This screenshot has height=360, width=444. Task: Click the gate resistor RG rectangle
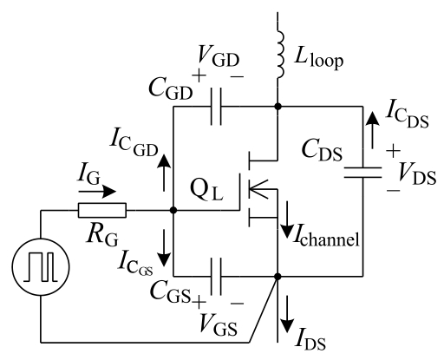(x=102, y=210)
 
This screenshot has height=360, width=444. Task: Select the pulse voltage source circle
(x=41, y=239)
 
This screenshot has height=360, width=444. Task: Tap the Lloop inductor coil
(x=280, y=54)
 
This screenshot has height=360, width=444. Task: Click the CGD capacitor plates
(x=216, y=107)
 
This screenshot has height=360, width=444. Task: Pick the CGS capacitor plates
(x=216, y=277)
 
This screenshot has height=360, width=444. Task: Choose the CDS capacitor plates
(x=362, y=173)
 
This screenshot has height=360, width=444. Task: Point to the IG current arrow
(x=97, y=192)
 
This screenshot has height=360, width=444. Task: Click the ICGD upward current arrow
(x=164, y=173)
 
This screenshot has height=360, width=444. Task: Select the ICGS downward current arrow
(x=164, y=248)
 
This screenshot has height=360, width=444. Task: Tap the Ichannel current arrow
(x=288, y=219)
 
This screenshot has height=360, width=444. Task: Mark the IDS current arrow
(x=288, y=314)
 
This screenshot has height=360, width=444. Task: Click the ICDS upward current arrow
(x=372, y=130)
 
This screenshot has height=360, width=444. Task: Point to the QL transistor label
(x=206, y=190)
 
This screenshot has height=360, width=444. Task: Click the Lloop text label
(x=319, y=59)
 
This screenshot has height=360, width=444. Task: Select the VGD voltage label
(x=218, y=56)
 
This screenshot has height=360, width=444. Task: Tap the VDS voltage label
(x=416, y=174)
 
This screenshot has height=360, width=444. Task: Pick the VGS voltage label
(x=219, y=325)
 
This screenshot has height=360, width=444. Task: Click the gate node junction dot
(x=173, y=210)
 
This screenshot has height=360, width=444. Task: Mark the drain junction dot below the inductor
(x=277, y=107)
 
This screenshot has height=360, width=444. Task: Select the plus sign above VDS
(x=393, y=151)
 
